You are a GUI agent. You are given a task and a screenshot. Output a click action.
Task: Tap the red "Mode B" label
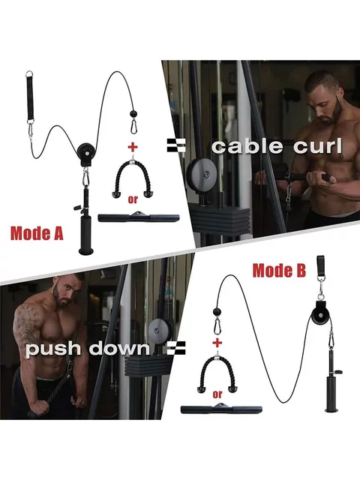279,271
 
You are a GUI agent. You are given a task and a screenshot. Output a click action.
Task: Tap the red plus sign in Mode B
217,342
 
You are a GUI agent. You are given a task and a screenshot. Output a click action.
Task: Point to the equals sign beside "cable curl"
176,145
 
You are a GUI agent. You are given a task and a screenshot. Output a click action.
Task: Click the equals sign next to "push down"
176,347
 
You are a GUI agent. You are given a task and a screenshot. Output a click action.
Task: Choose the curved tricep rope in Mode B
217,371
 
